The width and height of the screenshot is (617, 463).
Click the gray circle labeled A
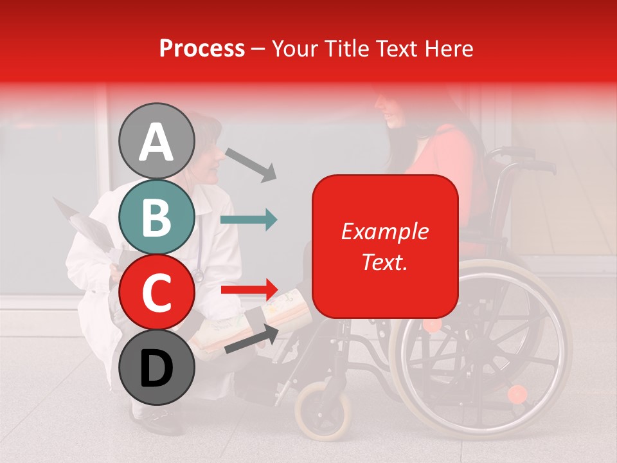tap(156, 141)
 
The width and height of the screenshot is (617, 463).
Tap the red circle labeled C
tap(156, 292)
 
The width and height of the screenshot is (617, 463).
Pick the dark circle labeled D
tap(156, 367)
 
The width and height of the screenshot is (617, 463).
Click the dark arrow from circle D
tap(251, 338)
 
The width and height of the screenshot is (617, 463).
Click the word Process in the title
tap(202, 48)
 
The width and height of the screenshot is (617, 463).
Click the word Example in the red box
tap(384, 232)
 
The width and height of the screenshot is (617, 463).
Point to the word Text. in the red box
tap(384, 262)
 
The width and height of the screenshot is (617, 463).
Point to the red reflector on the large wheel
tap(517, 394)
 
